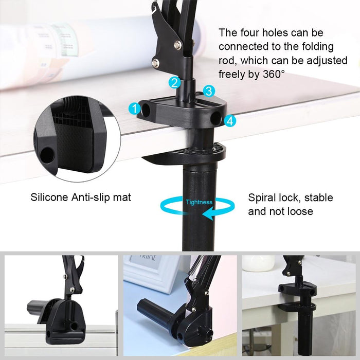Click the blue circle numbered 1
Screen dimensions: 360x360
coord(135,109)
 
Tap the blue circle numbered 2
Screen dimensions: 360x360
coord(175,82)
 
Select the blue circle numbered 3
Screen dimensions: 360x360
coord(208,92)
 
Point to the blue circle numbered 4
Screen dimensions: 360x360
coord(230,121)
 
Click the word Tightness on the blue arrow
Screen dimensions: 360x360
coord(199,202)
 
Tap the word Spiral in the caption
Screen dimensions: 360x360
coord(263,197)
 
